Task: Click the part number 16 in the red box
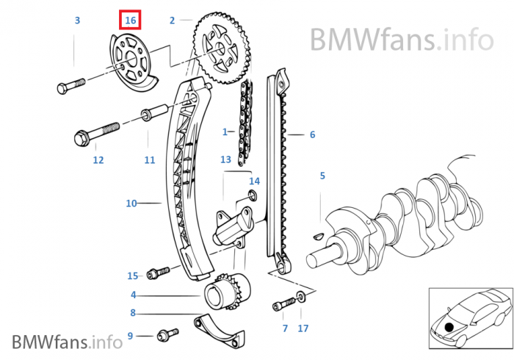pyautogui.click(x=131, y=21)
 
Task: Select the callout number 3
pyautogui.click(x=77, y=21)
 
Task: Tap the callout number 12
pyautogui.click(x=98, y=159)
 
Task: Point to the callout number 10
pyautogui.click(x=131, y=203)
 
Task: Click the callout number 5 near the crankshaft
pyautogui.click(x=322, y=176)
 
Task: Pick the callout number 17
pyautogui.click(x=303, y=328)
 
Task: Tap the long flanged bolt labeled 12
pyautogui.click(x=95, y=135)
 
